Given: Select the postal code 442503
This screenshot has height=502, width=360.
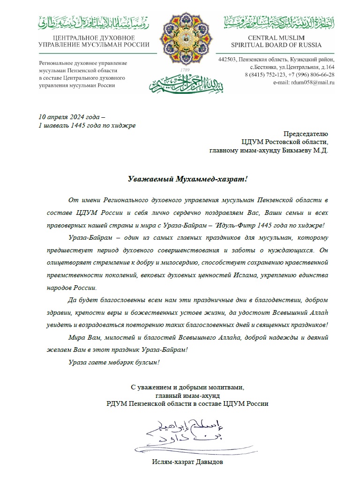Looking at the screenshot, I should coord(228,60).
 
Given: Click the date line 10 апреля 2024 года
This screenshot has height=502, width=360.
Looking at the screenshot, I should coord(72,117).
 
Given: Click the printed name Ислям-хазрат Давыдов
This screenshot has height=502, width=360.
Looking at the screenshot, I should coord(187,463).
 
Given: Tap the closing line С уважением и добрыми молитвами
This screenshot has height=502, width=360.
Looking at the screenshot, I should coord(187,387).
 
